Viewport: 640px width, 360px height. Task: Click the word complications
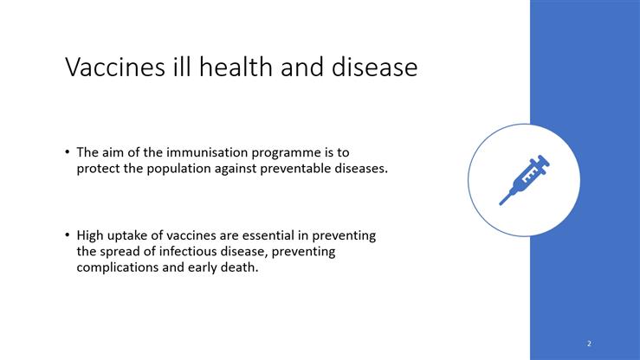[117, 267]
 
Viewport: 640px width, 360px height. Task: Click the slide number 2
[589, 344]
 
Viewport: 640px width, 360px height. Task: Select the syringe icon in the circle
[524, 180]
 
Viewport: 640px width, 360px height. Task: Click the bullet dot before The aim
[67, 152]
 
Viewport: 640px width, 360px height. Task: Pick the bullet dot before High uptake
[67, 235]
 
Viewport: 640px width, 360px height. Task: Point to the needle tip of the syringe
[501, 203]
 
